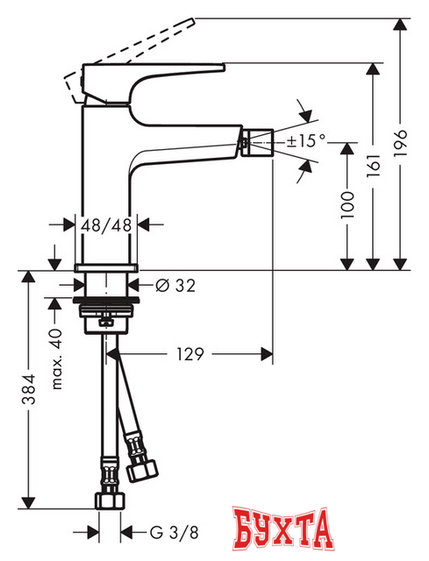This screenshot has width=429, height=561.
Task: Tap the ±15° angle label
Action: [304, 139]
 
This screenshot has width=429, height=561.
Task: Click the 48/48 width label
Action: [106, 224]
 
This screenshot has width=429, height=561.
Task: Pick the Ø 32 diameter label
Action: [175, 285]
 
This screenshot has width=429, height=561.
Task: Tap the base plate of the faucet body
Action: [106, 266]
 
